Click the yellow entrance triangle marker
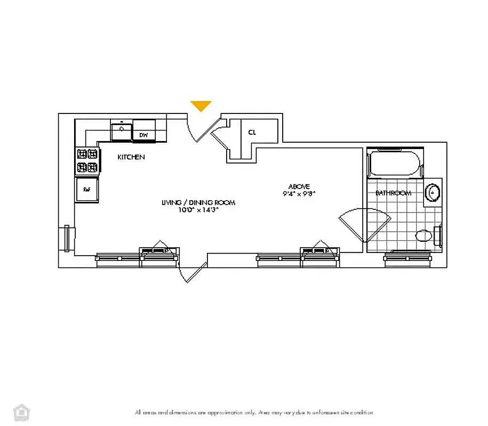201,105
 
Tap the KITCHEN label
131,157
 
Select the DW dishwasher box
143,135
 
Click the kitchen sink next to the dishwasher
122,130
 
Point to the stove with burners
88,161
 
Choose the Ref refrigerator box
86,190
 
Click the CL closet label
252,133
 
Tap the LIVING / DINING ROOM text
198,203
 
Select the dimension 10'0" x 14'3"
198,210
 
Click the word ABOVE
299,186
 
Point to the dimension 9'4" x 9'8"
299,194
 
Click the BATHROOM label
393,193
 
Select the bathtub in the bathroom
396,164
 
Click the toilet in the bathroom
426,235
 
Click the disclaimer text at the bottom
254,413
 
